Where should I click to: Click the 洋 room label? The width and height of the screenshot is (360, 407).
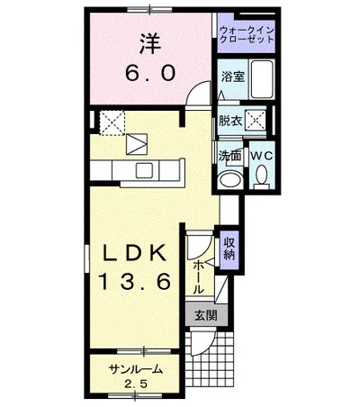tap(150, 44)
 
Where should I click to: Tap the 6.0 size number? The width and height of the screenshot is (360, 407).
tap(150, 74)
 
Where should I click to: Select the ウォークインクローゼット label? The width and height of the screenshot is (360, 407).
tap(247, 34)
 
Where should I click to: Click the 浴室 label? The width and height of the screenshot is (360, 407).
tap(233, 77)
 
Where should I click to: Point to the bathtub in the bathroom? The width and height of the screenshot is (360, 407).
tap(263, 79)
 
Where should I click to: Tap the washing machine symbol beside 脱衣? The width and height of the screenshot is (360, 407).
tap(256, 121)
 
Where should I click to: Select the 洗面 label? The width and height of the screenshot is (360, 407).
tap(230, 155)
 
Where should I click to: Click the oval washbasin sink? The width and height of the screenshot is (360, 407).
tap(230, 180)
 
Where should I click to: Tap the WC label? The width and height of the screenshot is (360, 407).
tap(262, 156)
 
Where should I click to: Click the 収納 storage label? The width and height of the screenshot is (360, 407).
tap(229, 249)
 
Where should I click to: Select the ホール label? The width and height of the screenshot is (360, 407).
tap(198, 277)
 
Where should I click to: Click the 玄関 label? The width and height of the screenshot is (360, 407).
tap(206, 315)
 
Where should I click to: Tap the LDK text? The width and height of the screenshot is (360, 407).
tap(134, 252)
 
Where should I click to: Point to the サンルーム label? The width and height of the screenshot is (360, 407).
tap(136, 369)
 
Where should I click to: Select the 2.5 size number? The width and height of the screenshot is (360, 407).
tap(136, 384)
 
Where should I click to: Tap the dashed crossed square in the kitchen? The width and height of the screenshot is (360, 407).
tap(112, 123)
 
